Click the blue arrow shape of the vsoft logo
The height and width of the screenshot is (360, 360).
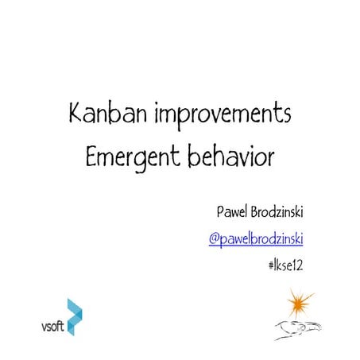click(x=75, y=316)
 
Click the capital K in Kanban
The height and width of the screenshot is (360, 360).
click(x=77, y=114)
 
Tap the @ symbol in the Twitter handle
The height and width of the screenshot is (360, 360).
click(x=214, y=238)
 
